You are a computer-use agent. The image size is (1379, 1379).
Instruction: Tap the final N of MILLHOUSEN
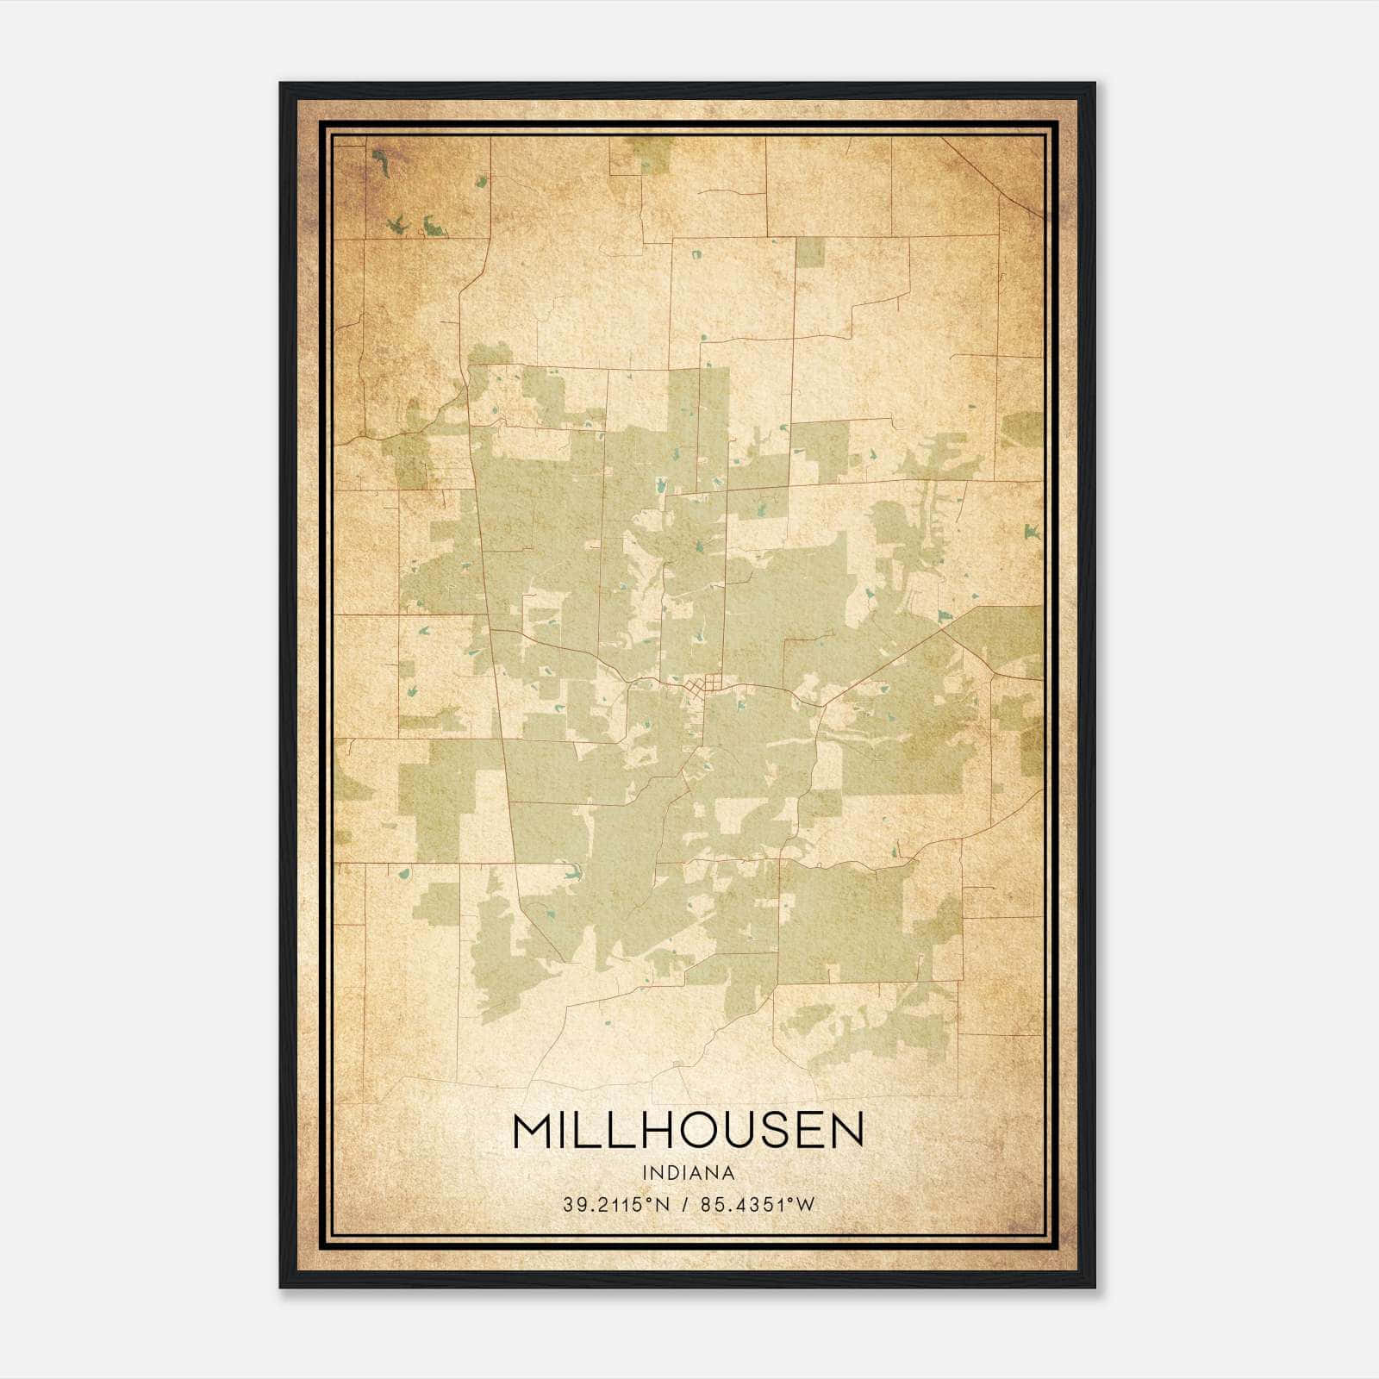tap(845, 1131)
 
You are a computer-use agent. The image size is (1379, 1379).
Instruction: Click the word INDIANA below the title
tap(688, 1173)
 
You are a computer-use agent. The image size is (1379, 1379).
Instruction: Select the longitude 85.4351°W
tap(757, 1205)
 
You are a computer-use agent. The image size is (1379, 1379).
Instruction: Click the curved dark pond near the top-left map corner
tap(379, 161)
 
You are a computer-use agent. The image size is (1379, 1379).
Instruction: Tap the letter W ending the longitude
tap(805, 1205)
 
